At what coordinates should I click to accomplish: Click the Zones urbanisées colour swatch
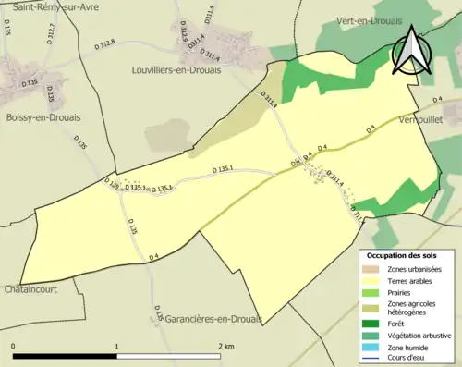click(373, 269)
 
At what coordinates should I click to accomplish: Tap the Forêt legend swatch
click(373, 324)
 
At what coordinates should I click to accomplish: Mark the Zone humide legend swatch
click(373, 348)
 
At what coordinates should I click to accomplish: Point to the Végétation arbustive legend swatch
click(373, 336)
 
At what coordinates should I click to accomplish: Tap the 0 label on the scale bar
click(13, 346)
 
